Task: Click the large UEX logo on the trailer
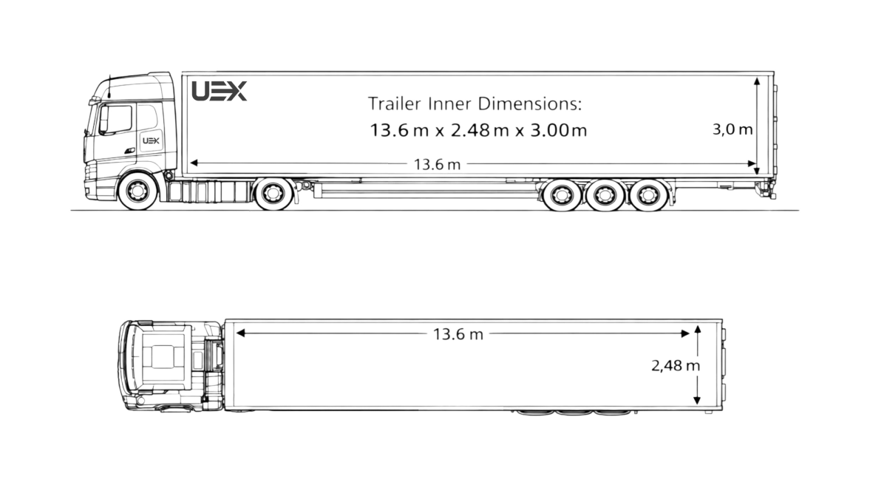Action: (219, 91)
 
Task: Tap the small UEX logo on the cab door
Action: (151, 140)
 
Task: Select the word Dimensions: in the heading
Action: (530, 103)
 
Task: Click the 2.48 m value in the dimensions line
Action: (480, 130)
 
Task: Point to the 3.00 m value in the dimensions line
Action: (559, 130)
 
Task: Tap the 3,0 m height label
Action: (733, 129)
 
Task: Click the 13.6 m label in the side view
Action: (437, 164)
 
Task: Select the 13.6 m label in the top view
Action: (458, 334)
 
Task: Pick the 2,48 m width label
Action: (676, 365)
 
